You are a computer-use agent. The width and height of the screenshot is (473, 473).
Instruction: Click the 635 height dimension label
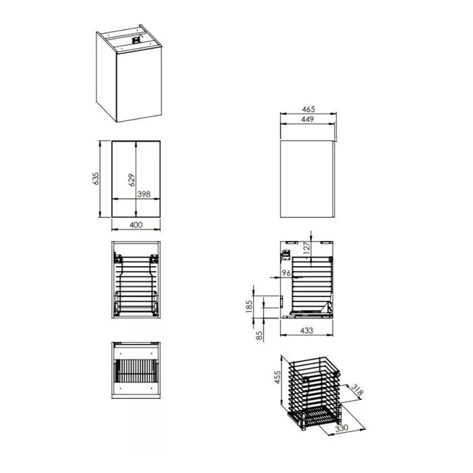click(x=95, y=179)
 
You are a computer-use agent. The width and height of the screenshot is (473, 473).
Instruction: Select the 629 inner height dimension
click(x=131, y=180)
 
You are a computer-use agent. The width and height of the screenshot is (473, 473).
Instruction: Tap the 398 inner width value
click(x=144, y=194)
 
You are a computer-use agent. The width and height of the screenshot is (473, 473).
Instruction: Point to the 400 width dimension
click(x=136, y=225)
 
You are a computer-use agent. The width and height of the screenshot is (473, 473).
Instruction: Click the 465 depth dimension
click(x=308, y=109)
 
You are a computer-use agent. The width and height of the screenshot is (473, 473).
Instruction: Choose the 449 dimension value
click(x=307, y=119)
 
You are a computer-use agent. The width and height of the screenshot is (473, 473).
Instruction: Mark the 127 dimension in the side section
click(x=307, y=248)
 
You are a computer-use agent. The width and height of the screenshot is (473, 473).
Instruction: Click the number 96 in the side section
click(x=286, y=273)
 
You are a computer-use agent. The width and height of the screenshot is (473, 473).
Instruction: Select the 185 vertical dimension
click(x=249, y=307)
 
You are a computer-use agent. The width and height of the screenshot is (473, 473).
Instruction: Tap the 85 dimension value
click(x=259, y=336)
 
